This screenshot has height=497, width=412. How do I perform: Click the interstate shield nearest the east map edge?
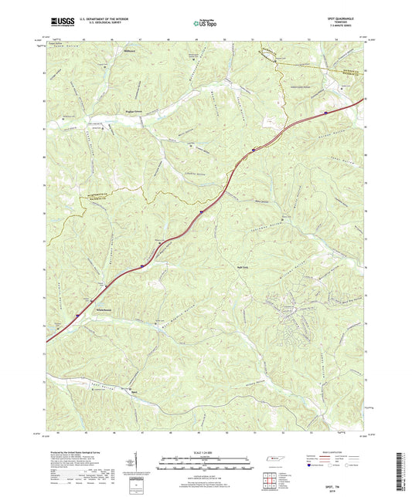325,111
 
